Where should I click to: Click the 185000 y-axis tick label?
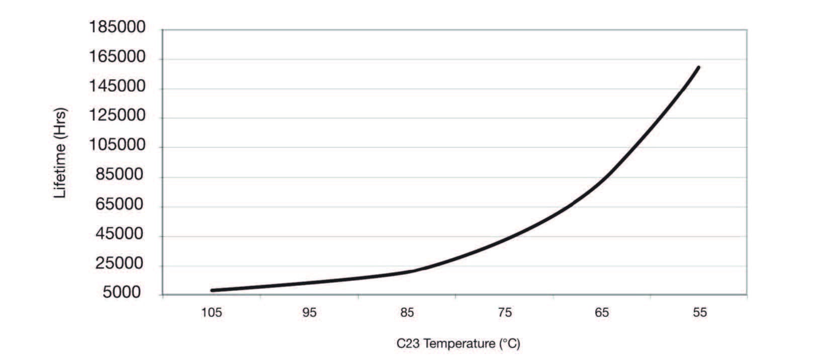coord(117,28)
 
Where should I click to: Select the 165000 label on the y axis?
coord(117,57)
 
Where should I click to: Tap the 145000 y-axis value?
coord(117,87)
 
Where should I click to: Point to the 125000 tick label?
coord(117,116)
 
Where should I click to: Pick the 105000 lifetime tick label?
coord(117,146)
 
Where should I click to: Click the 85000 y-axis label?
coord(120,175)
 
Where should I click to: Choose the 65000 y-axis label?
coord(120,205)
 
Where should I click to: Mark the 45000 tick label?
coord(120,234)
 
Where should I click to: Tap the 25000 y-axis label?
coord(120,264)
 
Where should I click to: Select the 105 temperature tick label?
coord(212,313)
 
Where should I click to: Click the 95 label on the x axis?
coord(310,313)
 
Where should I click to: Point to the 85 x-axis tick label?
coord(407,313)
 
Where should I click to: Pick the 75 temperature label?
coord(505,313)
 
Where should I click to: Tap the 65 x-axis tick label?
coord(602,313)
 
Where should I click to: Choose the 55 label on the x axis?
coord(700,313)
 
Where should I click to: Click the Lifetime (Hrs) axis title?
coord(60,153)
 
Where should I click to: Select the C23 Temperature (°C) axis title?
coord(458,344)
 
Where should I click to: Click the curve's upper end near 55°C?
coord(698,67)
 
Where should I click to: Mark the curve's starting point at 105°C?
coord(212,290)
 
